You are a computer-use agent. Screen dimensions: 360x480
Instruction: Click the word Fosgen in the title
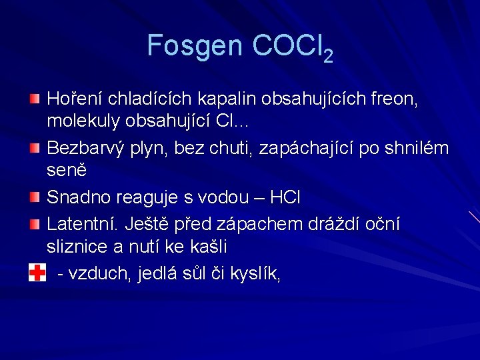pyautogui.click(x=195, y=46)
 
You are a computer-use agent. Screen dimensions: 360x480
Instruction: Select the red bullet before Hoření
pyautogui.click(x=35, y=99)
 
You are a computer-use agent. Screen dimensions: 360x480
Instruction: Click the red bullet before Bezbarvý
pyautogui.click(x=35, y=145)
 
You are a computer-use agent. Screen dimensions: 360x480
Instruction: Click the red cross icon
pyautogui.click(x=37, y=273)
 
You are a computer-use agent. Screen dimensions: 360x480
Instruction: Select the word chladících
pyautogui.click(x=151, y=99)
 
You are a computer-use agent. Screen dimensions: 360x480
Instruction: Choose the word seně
pyautogui.click(x=66, y=171)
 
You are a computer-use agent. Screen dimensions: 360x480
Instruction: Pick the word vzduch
pyautogui.click(x=104, y=274)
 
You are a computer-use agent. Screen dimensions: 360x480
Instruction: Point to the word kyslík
pyautogui.click(x=252, y=274)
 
